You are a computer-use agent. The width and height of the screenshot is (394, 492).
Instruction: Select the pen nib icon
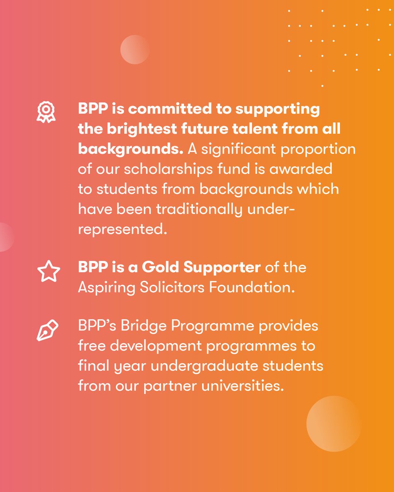point(48,330)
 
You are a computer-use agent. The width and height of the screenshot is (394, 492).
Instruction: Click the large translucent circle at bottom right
point(334,424)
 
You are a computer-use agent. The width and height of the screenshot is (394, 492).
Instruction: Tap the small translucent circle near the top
point(135,50)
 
